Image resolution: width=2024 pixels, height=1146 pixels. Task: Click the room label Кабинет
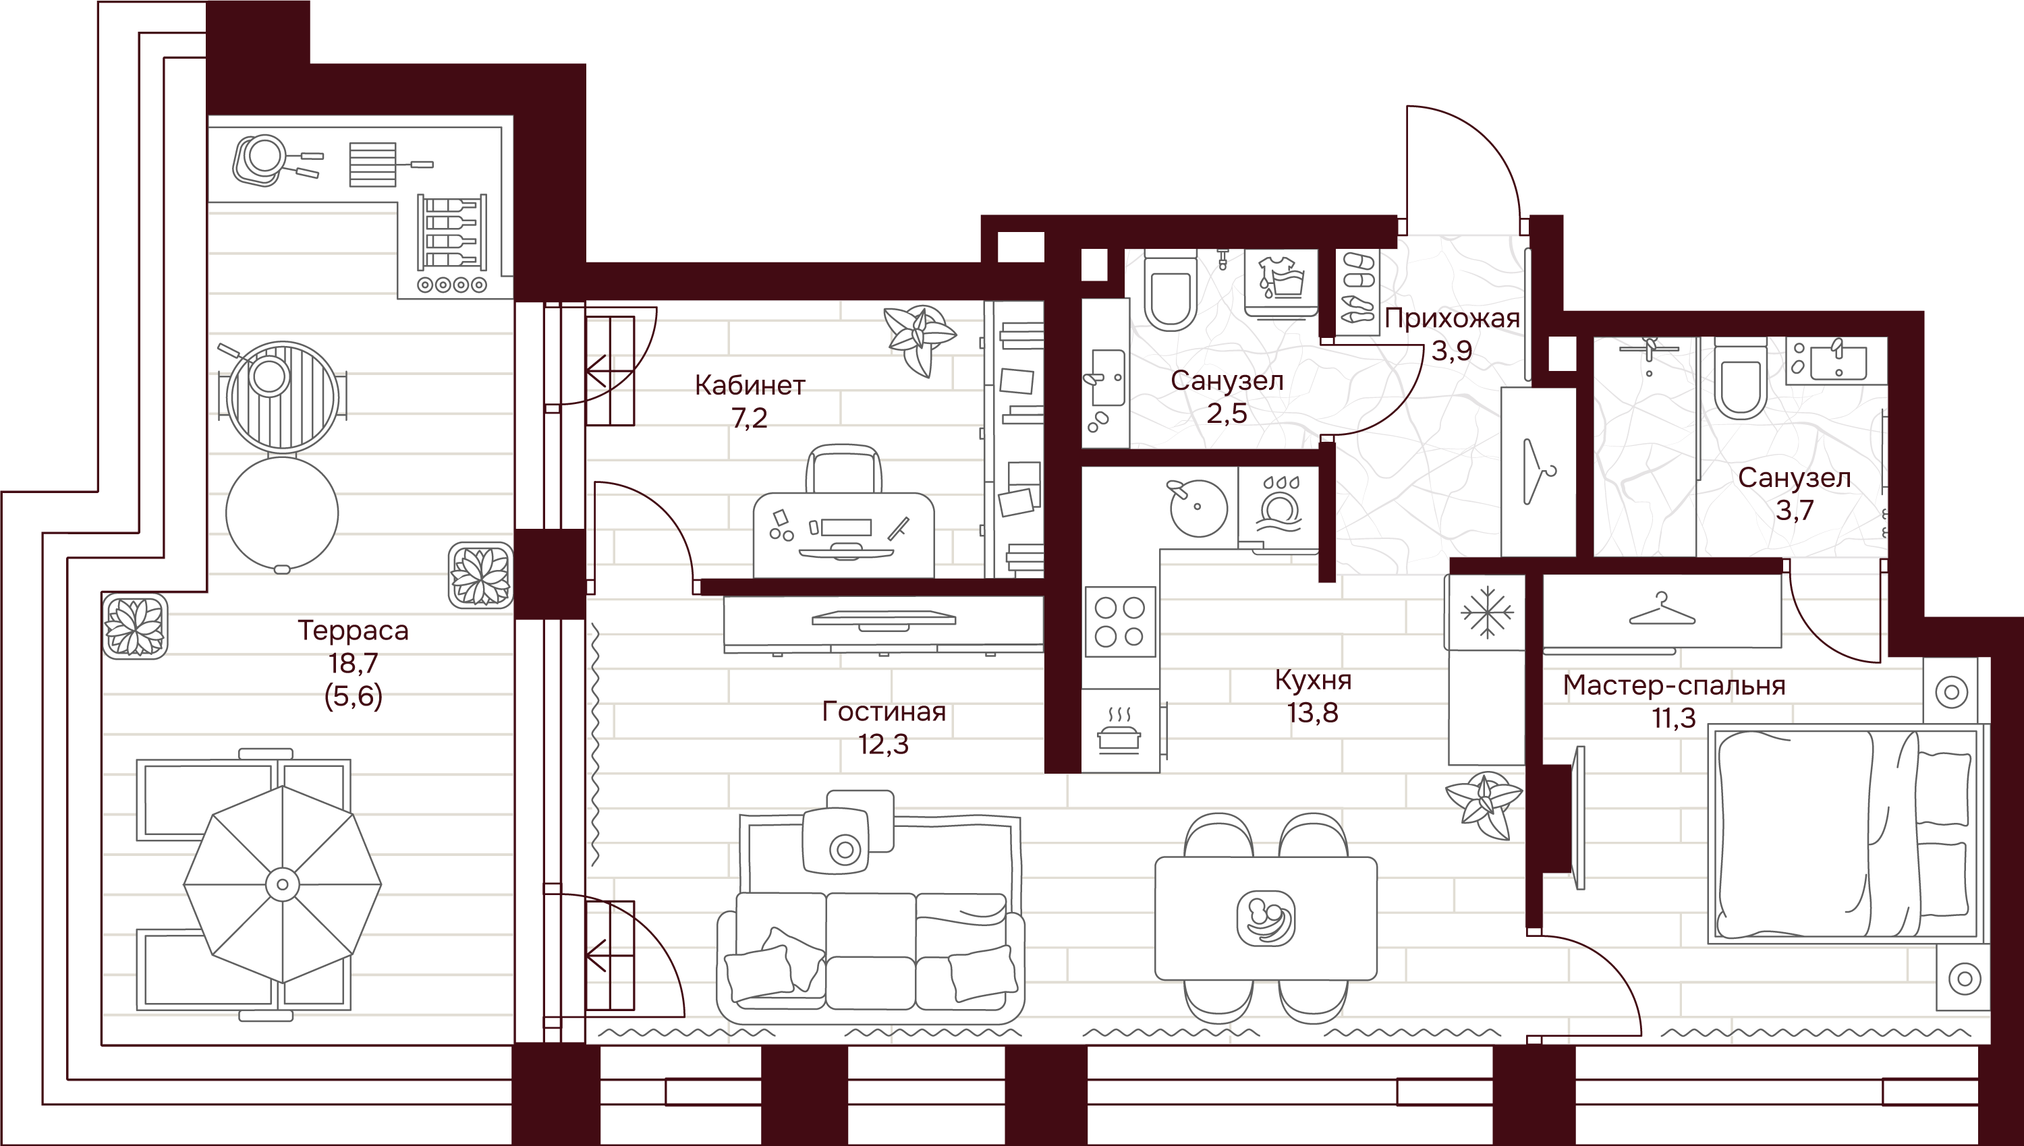(750, 385)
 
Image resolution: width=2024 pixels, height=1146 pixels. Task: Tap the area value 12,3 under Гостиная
(883, 744)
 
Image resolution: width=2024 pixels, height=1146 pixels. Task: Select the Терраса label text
(353, 631)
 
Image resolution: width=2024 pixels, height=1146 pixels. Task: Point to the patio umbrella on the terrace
(282, 884)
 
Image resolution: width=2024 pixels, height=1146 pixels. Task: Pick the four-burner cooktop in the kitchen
(1120, 622)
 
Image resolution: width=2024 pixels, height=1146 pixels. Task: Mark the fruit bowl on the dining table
(1265, 918)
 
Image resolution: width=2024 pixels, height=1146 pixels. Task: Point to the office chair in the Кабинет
(843, 470)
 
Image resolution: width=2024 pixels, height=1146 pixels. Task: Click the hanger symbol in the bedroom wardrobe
(1661, 610)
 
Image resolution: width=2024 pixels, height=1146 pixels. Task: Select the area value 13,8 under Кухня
(1312, 713)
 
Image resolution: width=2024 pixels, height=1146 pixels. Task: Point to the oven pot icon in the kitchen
(1119, 731)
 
